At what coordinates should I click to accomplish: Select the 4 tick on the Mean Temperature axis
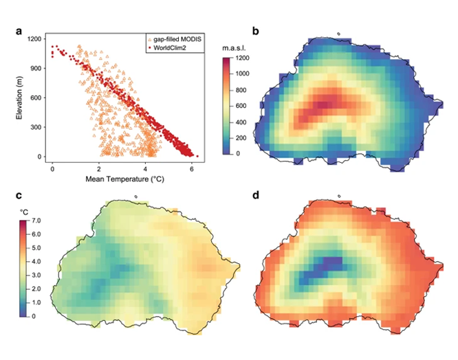(x=146, y=168)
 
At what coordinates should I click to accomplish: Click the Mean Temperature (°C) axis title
(x=122, y=179)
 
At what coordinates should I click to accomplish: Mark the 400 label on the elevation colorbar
(x=241, y=122)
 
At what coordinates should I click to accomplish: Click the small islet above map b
(x=338, y=30)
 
